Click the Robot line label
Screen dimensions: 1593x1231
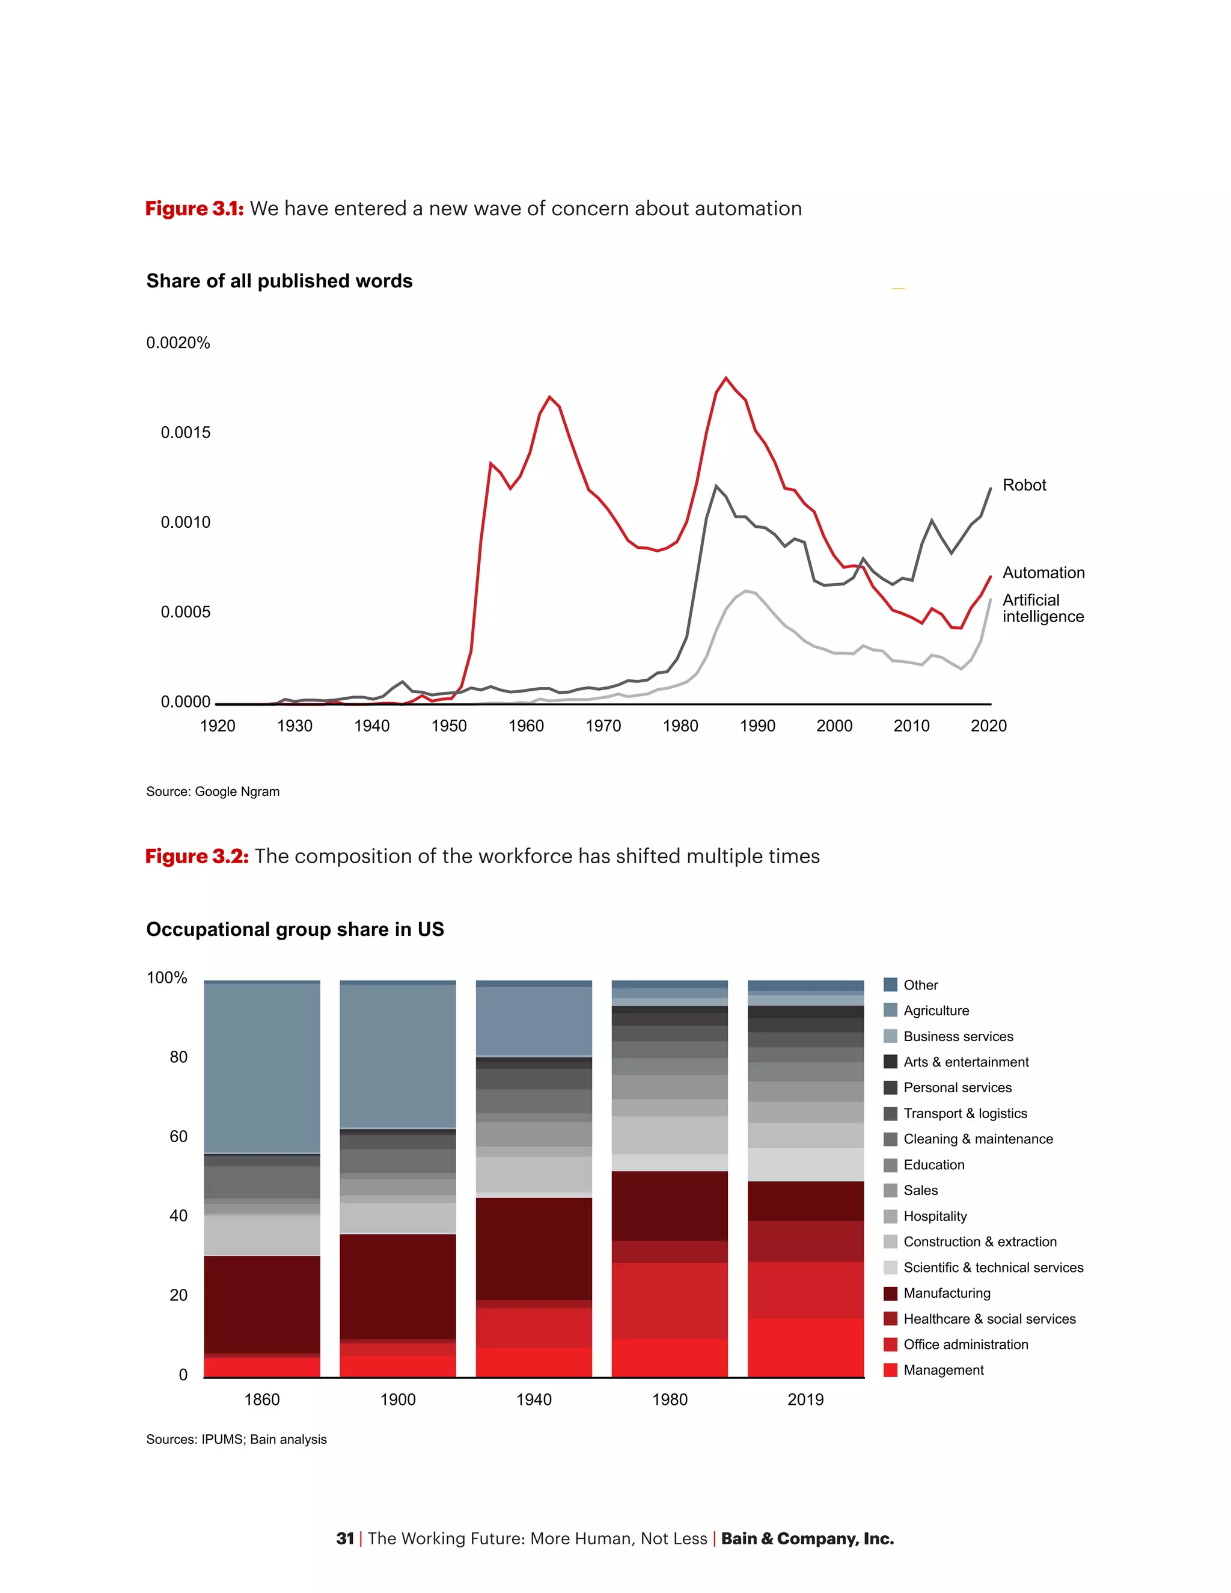[x=1023, y=485]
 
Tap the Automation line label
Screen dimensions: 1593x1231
[x=1043, y=572]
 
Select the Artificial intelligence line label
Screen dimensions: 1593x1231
[x=1042, y=608]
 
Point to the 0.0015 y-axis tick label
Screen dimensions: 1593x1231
[x=185, y=433]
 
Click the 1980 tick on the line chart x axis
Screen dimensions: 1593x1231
[x=680, y=726]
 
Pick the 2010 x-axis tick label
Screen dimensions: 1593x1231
[x=911, y=726]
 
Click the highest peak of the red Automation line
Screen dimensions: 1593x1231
[x=725, y=378]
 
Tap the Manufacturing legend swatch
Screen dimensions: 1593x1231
[x=890, y=1293]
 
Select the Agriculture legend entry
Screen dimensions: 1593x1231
[x=936, y=1011]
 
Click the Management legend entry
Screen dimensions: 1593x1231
[x=943, y=1370]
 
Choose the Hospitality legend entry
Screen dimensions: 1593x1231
[x=934, y=1216]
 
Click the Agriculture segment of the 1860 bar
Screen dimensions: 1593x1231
[x=262, y=1069]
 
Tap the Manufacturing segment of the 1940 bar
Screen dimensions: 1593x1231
[x=534, y=1249]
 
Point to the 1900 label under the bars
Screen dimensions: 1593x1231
[x=397, y=1399]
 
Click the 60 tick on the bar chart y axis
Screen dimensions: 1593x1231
[x=178, y=1136]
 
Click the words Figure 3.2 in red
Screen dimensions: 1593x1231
[x=196, y=855]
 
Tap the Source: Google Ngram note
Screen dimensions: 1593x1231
[x=212, y=792]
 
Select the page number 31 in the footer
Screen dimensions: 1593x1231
[x=344, y=1538]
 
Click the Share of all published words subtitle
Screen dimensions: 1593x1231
[x=279, y=281]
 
